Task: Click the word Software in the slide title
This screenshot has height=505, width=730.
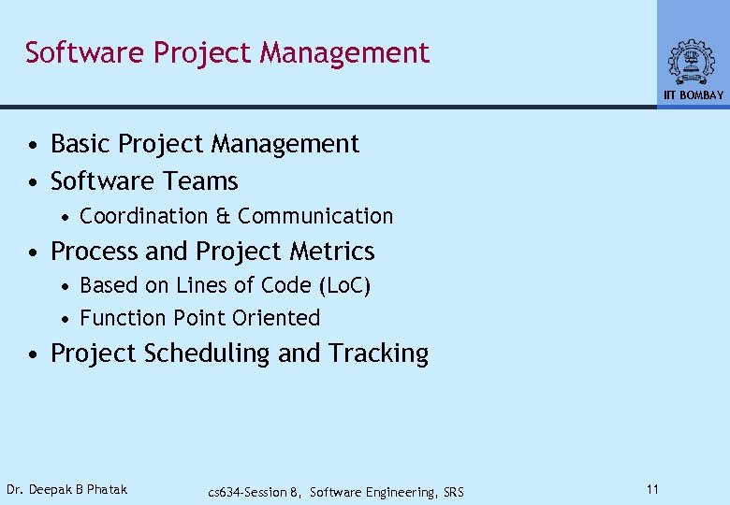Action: click(x=85, y=52)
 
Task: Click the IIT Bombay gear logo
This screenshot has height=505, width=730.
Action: click(x=692, y=62)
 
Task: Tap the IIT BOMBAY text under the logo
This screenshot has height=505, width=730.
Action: click(x=693, y=95)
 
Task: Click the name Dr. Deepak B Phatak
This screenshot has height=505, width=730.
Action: click(x=66, y=489)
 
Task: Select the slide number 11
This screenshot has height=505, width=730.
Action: click(x=652, y=489)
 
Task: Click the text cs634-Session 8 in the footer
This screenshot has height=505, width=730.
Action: click(x=254, y=492)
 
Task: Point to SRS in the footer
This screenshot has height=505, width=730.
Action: click(x=452, y=492)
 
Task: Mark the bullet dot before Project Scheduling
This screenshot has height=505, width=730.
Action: click(x=33, y=354)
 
